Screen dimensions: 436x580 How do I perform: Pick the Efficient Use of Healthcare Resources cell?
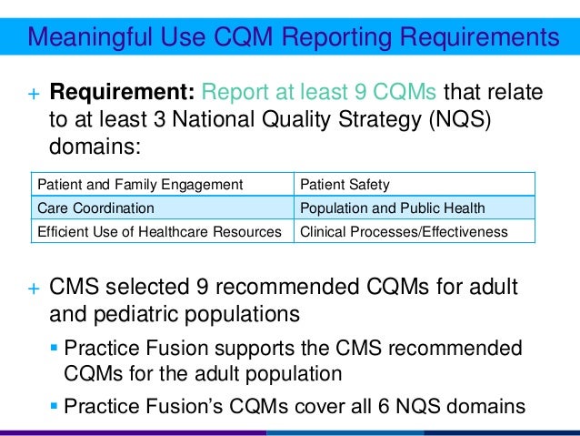pyautogui.click(x=159, y=231)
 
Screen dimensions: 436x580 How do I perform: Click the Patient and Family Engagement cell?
pyautogui.click(x=139, y=185)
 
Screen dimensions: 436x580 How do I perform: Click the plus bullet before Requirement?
pyautogui.click(x=33, y=94)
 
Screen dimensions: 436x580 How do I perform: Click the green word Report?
pyautogui.click(x=233, y=93)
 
